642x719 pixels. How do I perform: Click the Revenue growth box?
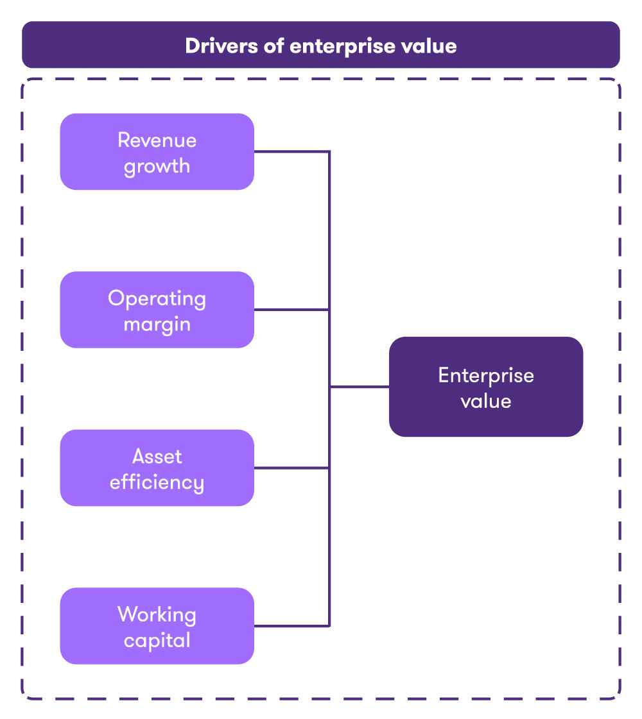click(x=157, y=151)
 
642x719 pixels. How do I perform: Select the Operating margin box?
click(x=157, y=310)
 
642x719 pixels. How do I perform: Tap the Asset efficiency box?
click(x=157, y=468)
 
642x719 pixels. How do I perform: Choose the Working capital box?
click(x=157, y=626)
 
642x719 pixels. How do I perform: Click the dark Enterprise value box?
click(x=485, y=387)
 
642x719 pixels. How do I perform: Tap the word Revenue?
click(x=157, y=140)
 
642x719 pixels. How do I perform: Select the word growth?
click(x=157, y=166)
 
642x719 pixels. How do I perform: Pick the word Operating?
click(x=157, y=298)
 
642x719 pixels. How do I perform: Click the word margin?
click(x=157, y=324)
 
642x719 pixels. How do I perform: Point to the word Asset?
click(x=157, y=456)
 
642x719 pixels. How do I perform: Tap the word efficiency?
click(x=157, y=482)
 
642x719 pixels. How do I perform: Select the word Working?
click(x=157, y=614)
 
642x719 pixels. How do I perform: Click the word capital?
click(x=157, y=640)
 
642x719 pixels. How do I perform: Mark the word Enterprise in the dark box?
click(x=485, y=375)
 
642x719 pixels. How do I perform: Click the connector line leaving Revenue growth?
click(x=292, y=152)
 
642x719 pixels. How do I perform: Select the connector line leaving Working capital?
click(x=292, y=626)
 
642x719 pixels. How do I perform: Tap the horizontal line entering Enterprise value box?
click(x=360, y=387)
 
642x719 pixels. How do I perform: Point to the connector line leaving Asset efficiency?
click(x=292, y=468)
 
